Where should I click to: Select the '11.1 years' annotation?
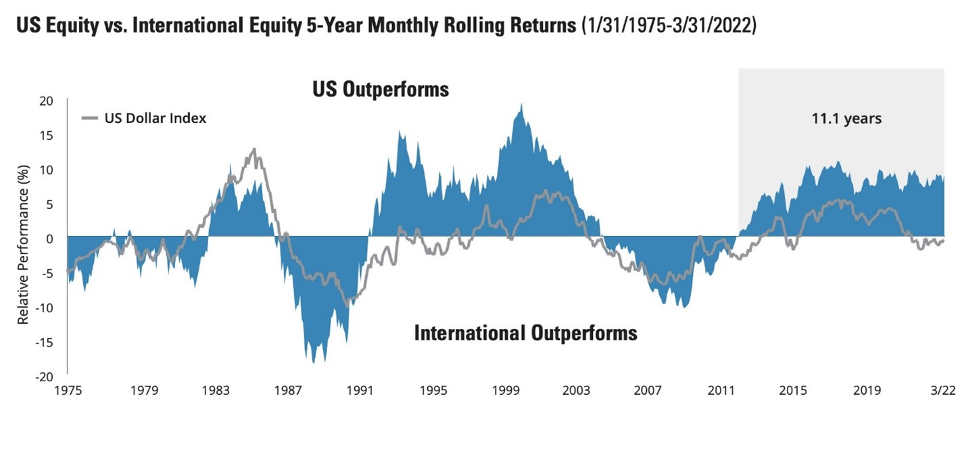[x=846, y=118]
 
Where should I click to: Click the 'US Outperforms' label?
[x=381, y=89]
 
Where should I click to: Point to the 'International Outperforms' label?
[x=525, y=333]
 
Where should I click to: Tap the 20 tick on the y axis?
[x=46, y=101]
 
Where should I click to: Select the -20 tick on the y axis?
[x=43, y=377]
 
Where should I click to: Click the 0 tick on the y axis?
[x=49, y=239]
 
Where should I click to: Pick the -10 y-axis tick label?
[x=43, y=308]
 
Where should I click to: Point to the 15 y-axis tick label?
[x=46, y=135]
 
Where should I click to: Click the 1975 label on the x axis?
[x=68, y=390]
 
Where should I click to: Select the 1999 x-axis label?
[x=505, y=390]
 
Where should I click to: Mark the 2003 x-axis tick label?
[x=576, y=390]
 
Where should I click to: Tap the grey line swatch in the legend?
[x=89, y=118]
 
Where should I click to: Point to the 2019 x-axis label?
[x=867, y=390]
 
